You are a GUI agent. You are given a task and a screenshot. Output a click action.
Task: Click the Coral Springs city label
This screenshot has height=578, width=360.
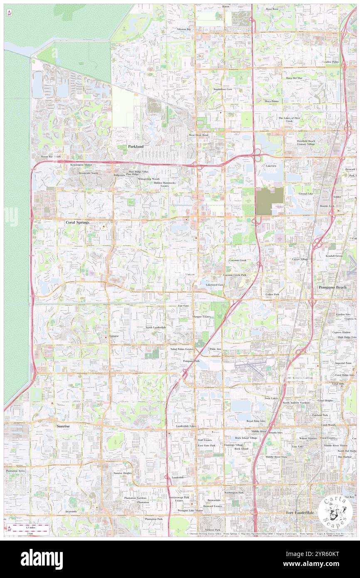pos(78,222)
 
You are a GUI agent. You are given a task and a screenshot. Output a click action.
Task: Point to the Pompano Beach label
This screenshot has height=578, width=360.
pos(332,287)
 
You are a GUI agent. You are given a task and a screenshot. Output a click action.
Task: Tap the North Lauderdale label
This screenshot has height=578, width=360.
pos(156,328)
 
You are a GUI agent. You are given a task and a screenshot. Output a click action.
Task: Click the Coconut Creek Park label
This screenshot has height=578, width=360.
pos(234,275)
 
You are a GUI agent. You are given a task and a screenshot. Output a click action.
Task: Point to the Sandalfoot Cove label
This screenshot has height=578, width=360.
pos(223,89)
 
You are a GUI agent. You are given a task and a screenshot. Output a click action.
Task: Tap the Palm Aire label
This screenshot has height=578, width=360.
pos(215,348)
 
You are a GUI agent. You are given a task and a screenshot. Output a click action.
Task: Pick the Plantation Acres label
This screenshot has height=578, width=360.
pos(15,471)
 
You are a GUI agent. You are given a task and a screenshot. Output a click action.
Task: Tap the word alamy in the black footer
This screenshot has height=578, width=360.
pos(42,559)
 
